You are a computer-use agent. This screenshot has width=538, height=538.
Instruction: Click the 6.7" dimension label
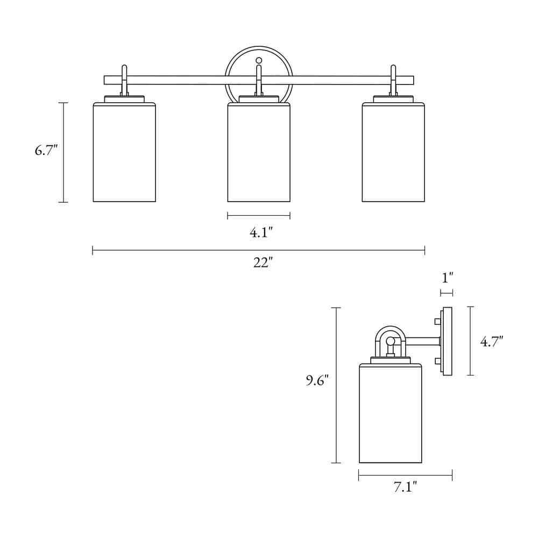(46, 151)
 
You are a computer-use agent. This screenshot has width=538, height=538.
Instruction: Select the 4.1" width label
(261, 232)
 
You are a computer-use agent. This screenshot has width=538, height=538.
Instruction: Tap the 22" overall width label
(263, 264)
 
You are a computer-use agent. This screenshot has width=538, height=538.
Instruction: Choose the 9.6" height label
(317, 381)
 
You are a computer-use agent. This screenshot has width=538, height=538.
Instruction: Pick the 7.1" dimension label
(405, 488)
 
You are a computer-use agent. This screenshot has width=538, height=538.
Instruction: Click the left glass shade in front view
(124, 153)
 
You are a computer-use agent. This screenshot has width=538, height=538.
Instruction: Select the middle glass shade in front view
(259, 153)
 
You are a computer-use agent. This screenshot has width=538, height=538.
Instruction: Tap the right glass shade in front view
(393, 153)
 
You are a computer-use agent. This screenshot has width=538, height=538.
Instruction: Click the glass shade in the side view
(391, 414)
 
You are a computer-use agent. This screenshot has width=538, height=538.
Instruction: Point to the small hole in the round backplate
(259, 60)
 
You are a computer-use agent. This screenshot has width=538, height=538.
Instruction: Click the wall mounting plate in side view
(447, 341)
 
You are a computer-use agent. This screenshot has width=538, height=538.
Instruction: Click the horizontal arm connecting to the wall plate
(423, 341)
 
